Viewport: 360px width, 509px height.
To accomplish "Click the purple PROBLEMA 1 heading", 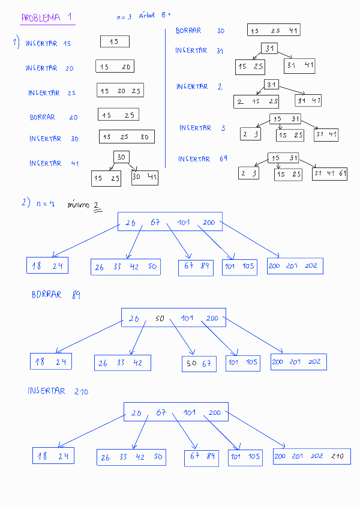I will pos(46,18).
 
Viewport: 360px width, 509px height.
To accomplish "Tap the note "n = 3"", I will pos(124,17).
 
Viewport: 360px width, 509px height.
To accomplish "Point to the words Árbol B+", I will pos(155,16).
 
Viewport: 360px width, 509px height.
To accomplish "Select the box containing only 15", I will pos(115,41).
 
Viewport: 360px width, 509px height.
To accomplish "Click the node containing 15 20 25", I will pos(120,91).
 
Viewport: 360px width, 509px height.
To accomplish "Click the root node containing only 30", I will pos(121,157).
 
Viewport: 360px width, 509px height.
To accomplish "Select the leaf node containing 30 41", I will pos(145,178).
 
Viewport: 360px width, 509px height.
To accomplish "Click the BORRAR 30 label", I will pos(200,31).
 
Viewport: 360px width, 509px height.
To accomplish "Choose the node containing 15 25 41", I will pos(274,30).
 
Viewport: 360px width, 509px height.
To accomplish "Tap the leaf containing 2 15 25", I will pos(257,101).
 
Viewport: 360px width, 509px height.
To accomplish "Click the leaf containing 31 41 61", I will pos(330,173).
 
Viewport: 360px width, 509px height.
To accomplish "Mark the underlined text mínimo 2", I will pos(84,206).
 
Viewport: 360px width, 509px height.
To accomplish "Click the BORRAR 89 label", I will pos(56,295).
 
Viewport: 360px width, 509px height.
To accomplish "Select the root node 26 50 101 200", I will pos(173,318).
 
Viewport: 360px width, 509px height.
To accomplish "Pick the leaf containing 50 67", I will pos(199,364).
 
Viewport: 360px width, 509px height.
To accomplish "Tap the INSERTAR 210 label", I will pos(58,391).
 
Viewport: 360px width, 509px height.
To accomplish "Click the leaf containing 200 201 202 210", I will pos(311,456).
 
